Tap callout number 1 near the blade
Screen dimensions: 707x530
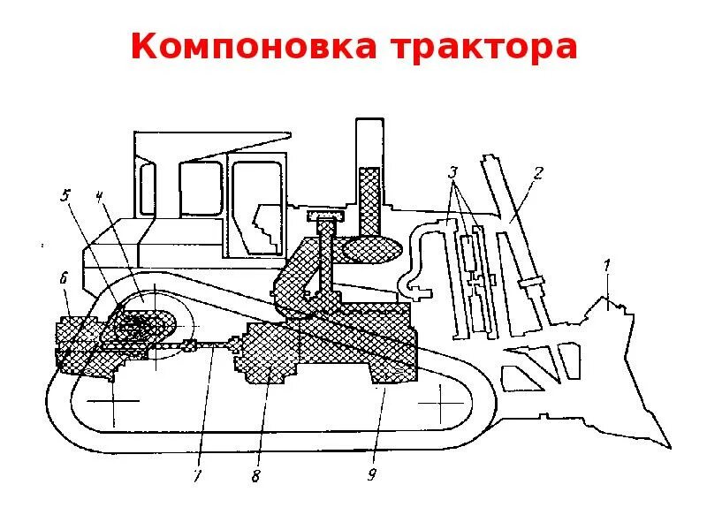pos(606,264)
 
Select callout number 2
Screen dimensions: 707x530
pos(538,173)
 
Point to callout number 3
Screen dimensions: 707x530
pos(453,172)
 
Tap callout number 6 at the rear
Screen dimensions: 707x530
pos(64,279)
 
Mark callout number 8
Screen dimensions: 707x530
pos(255,477)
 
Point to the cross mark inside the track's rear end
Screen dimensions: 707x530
pos(115,400)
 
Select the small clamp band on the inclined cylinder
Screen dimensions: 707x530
pos(533,284)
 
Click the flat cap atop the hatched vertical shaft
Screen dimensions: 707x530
pos(324,216)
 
